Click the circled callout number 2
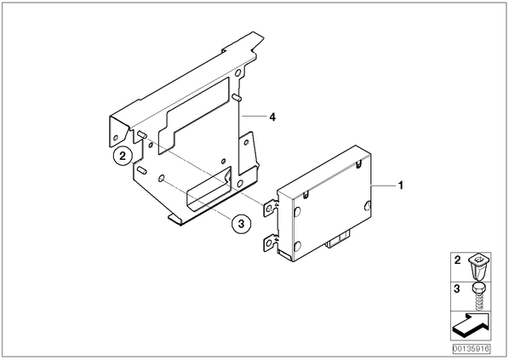[x=123, y=156]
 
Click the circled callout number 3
[x=241, y=224]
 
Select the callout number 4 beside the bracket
[x=272, y=117]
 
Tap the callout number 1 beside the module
[x=401, y=186]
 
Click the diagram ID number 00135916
[x=472, y=349]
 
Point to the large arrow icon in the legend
[x=471, y=324]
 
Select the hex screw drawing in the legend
[x=478, y=296]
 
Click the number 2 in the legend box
[x=457, y=260]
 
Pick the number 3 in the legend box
[x=457, y=289]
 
